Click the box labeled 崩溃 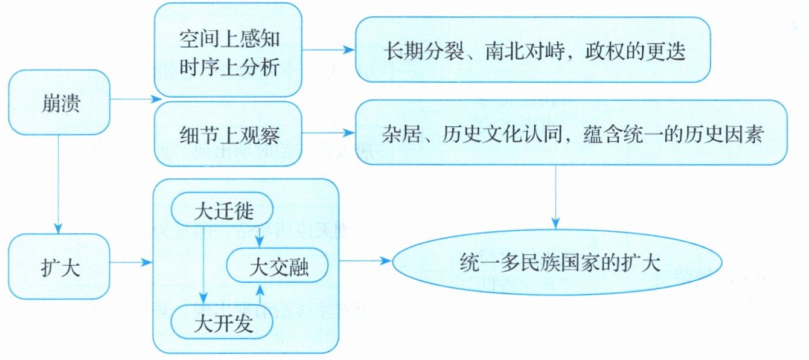[x=59, y=103]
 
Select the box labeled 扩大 [x=59, y=265]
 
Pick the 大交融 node [x=278, y=268]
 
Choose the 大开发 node [x=223, y=324]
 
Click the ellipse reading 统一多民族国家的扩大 [x=558, y=264]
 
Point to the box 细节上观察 [x=229, y=134]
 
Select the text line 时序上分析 [x=229, y=68]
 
